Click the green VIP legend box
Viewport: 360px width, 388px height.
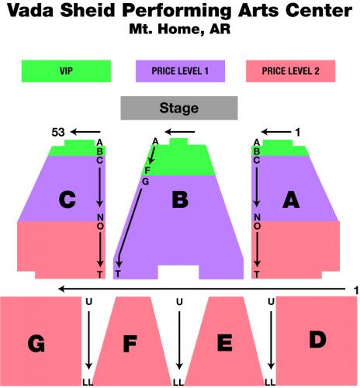tap(66, 71)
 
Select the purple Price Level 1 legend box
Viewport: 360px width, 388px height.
tap(180, 71)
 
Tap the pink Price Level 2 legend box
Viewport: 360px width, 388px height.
tap(290, 71)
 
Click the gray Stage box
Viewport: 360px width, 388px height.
tap(179, 108)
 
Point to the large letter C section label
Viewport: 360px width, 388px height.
tap(67, 199)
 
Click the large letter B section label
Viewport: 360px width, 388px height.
tap(180, 199)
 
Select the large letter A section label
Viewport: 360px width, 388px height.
tap(291, 199)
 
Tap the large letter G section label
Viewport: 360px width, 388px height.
tap(36, 344)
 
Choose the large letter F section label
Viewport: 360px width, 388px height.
tap(130, 344)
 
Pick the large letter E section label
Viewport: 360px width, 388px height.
tap(224, 342)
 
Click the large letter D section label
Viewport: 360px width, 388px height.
tap(317, 339)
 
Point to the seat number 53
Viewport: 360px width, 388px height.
tap(58, 132)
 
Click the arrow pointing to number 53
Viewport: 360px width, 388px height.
tap(85, 132)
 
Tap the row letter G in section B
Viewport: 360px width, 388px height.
tap(146, 182)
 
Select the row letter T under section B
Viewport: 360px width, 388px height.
tap(118, 274)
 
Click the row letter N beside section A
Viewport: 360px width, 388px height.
tap(257, 217)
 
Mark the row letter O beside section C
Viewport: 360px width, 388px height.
tap(100, 227)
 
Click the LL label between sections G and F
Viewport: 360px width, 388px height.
tap(88, 382)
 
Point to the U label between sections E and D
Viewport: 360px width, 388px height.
tap(271, 302)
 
